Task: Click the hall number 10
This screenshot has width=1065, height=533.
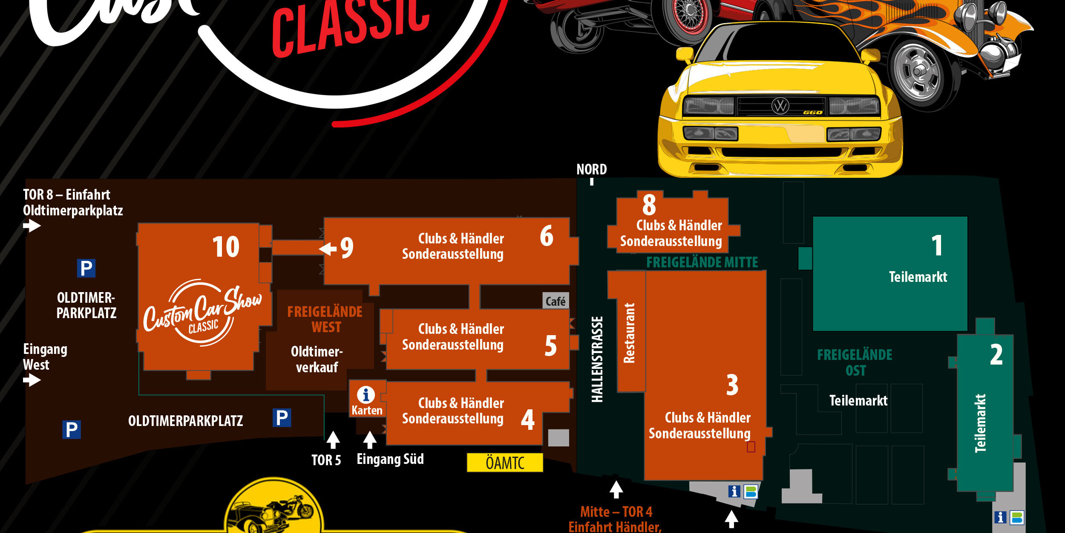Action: (x=226, y=247)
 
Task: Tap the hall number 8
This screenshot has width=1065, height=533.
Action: (x=649, y=205)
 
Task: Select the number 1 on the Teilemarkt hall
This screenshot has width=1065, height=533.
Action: (x=936, y=246)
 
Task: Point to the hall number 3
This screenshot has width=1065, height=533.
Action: (x=732, y=385)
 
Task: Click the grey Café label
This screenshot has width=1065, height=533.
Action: (x=556, y=301)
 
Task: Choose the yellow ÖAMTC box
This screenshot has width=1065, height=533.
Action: (x=505, y=463)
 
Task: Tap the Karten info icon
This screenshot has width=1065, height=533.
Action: (x=366, y=395)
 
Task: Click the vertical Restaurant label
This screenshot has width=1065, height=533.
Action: (x=629, y=333)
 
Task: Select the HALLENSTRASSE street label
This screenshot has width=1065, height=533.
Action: (x=597, y=359)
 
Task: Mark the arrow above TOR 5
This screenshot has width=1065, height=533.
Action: (x=333, y=440)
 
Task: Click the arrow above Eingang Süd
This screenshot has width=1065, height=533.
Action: (x=370, y=440)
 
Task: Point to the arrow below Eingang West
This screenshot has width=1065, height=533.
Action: (x=32, y=379)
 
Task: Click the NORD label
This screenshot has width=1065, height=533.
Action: (x=591, y=170)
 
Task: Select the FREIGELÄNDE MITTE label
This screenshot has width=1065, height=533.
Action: (x=702, y=262)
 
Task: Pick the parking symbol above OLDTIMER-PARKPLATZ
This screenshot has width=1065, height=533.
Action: (x=86, y=269)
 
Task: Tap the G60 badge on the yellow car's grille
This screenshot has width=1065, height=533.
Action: (x=812, y=113)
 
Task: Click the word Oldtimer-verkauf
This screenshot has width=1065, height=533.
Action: (x=317, y=359)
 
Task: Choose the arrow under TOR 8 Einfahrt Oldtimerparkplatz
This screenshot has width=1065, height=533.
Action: (x=32, y=225)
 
